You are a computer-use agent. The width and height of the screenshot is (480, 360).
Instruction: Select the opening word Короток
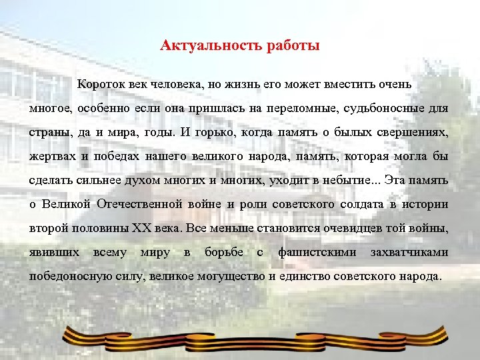pyautogui.click(x=100, y=85)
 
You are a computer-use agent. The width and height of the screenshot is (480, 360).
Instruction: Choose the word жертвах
pyautogui.click(x=51, y=156)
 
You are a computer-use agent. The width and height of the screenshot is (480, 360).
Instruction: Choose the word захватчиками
pyautogui.click(x=413, y=252)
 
